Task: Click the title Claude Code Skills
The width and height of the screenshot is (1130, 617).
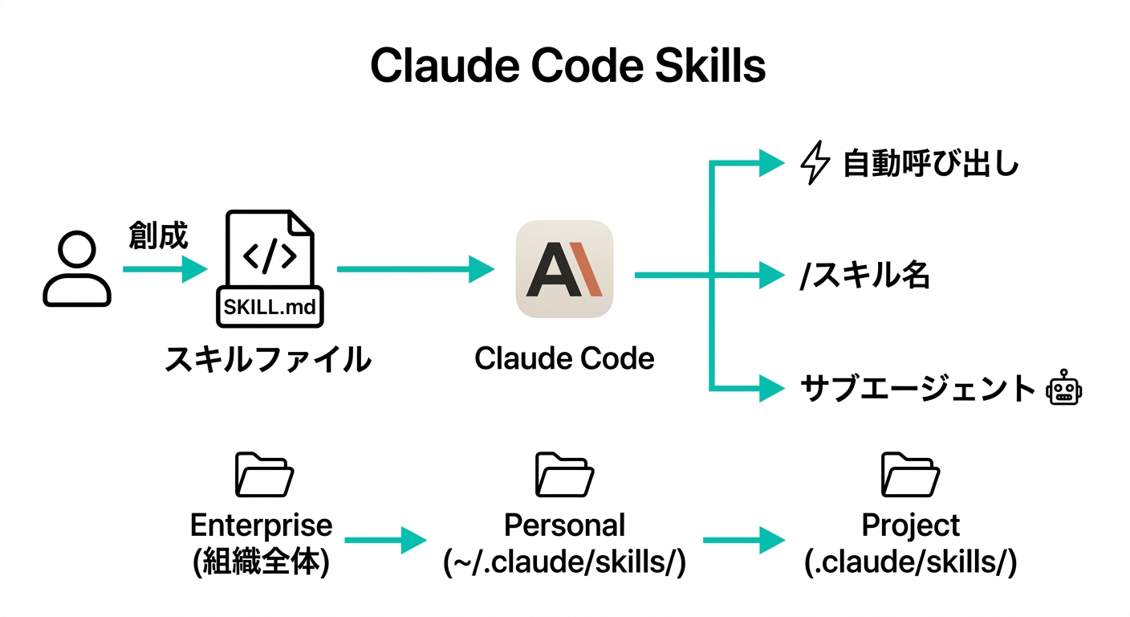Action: [x=567, y=66]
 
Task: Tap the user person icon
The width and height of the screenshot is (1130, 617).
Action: [x=76, y=269]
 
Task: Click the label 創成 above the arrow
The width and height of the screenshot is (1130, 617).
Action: [x=158, y=236]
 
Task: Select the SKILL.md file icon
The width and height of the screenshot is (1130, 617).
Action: [x=269, y=269]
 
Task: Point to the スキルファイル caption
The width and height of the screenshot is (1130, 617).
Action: [x=268, y=358]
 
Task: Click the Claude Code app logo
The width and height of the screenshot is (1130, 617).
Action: [x=564, y=269]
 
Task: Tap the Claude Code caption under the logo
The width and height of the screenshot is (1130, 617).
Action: [x=564, y=358]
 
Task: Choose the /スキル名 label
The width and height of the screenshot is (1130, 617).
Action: [x=864, y=276]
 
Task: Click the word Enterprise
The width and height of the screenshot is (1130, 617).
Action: [x=261, y=525]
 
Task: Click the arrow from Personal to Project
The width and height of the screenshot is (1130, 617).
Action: [x=742, y=541]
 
